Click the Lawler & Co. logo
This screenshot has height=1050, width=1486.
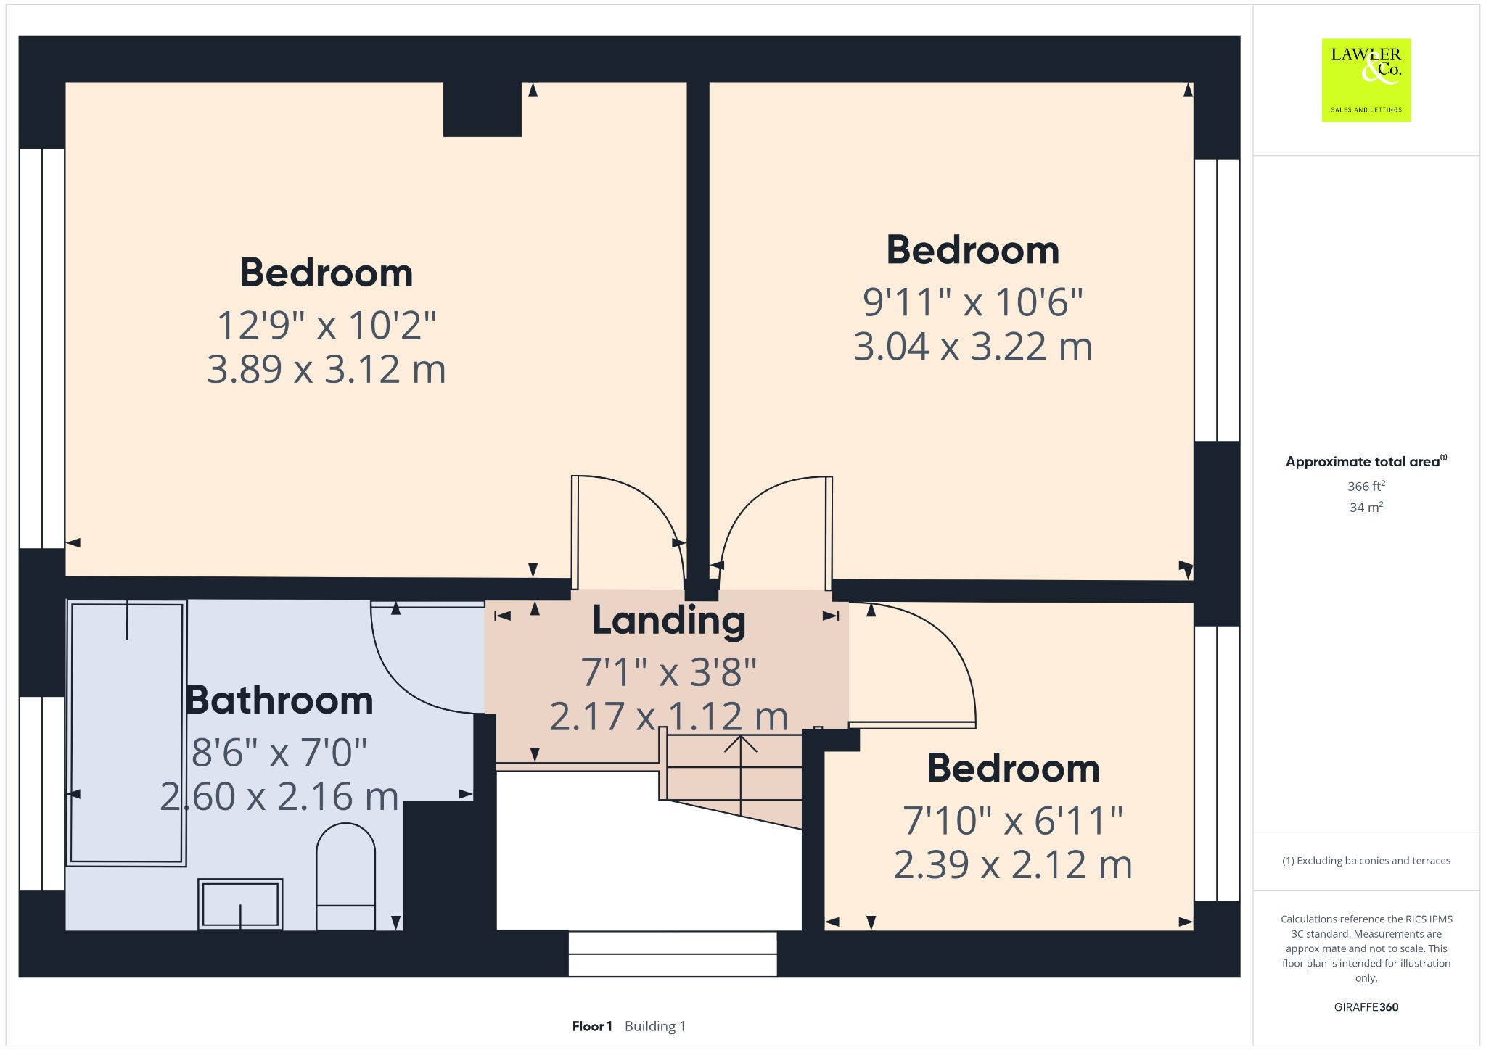pyautogui.click(x=1366, y=80)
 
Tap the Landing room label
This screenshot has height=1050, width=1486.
pyautogui.click(x=668, y=621)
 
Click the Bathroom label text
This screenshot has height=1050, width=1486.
pyautogui.click(x=279, y=700)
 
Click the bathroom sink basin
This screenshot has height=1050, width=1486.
pyautogui.click(x=240, y=904)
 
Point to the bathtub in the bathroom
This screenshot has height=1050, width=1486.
pyautogui.click(x=126, y=732)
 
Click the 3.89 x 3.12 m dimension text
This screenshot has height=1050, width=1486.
pyautogui.click(x=326, y=370)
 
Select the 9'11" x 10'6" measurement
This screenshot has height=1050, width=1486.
pyautogui.click(x=972, y=302)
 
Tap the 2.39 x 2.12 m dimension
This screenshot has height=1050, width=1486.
pyautogui.click(x=1012, y=865)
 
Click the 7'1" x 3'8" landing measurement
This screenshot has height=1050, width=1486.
pyautogui.click(x=668, y=672)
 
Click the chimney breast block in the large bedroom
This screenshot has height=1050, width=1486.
pyautogui.click(x=482, y=109)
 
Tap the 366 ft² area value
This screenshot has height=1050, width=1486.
pyautogui.click(x=1366, y=487)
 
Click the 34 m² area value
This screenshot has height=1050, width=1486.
pyautogui.click(x=1366, y=508)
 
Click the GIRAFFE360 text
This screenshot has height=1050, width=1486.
pyautogui.click(x=1366, y=1007)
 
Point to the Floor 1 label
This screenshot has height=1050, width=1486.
pyautogui.click(x=592, y=1026)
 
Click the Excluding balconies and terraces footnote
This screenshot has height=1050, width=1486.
pyautogui.click(x=1366, y=861)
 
